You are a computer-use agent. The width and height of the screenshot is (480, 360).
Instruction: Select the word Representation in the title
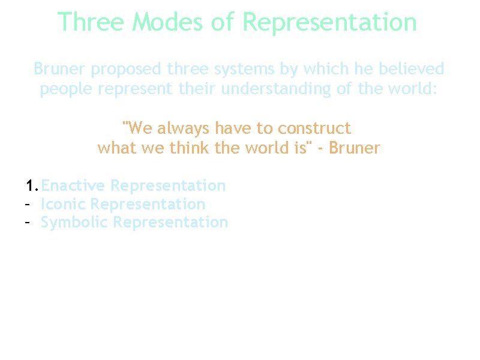click(x=329, y=23)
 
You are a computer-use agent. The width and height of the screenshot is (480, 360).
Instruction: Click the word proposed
click(x=127, y=70)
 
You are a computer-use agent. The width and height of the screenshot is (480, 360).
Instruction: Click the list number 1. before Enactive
click(x=32, y=186)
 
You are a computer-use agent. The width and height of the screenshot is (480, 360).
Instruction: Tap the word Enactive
click(x=73, y=186)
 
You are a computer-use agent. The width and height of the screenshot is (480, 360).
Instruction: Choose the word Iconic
click(x=63, y=205)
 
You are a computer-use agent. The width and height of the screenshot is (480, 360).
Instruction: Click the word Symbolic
click(x=74, y=223)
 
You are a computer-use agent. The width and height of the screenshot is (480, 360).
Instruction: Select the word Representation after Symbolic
click(x=170, y=223)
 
